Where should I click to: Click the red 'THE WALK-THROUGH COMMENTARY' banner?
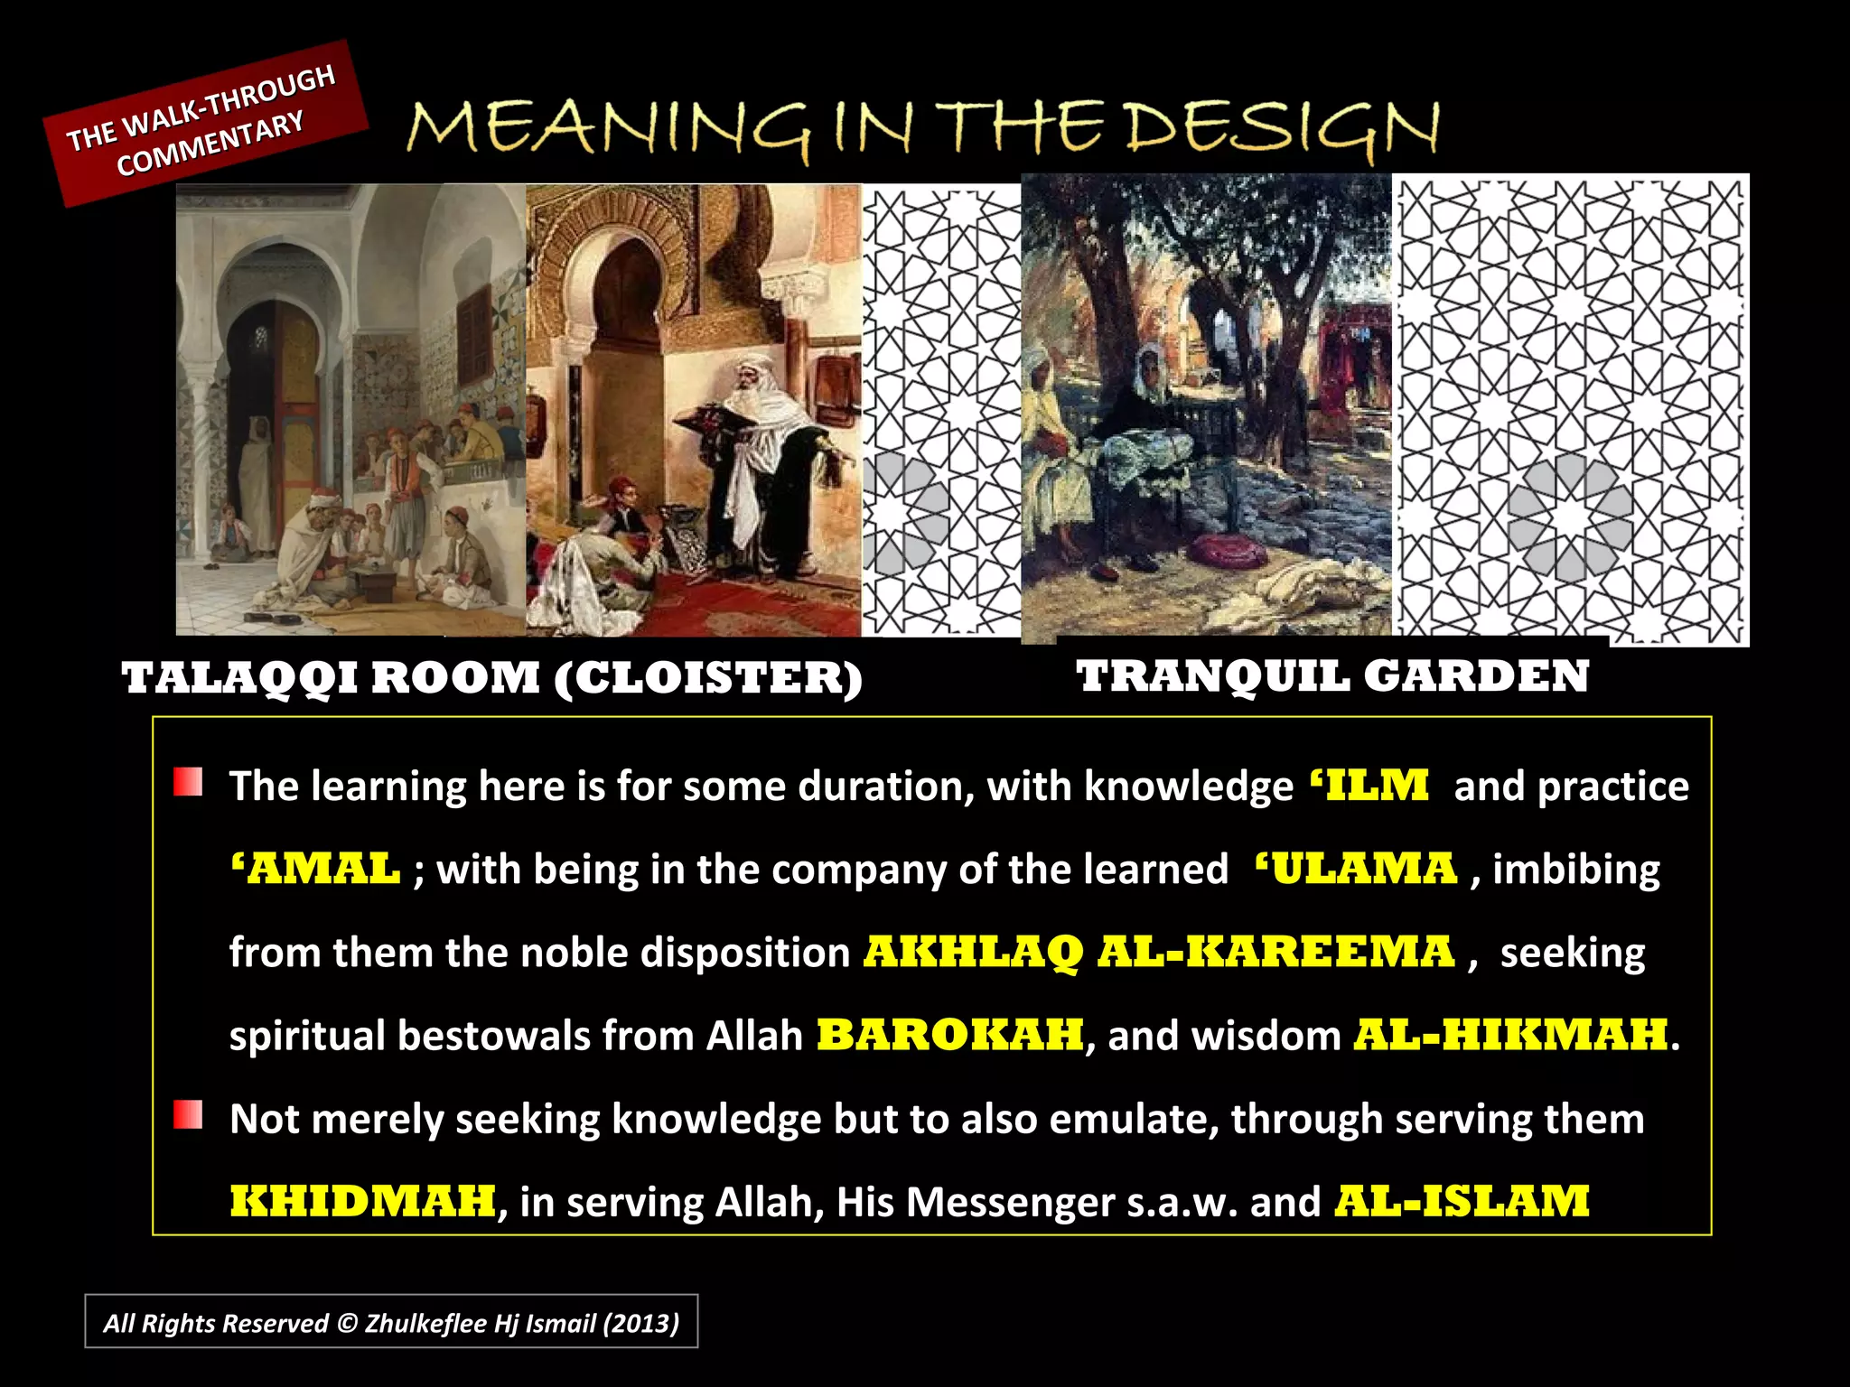206,122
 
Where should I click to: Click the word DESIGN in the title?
1283,129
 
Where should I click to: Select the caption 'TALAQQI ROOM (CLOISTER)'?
492,678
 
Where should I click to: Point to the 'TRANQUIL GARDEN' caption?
1332,676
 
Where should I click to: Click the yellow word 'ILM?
1369,786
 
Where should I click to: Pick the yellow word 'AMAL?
315,870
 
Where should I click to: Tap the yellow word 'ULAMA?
1356,870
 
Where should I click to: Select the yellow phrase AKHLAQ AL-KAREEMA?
1159,953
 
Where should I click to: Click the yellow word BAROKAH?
949,1036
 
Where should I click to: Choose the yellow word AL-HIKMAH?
1510,1036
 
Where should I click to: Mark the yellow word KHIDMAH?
362,1202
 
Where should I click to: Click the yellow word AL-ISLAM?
1462,1202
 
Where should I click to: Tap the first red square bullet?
188,782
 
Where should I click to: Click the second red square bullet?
188,1115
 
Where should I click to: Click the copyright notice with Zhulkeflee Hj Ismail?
391,1323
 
